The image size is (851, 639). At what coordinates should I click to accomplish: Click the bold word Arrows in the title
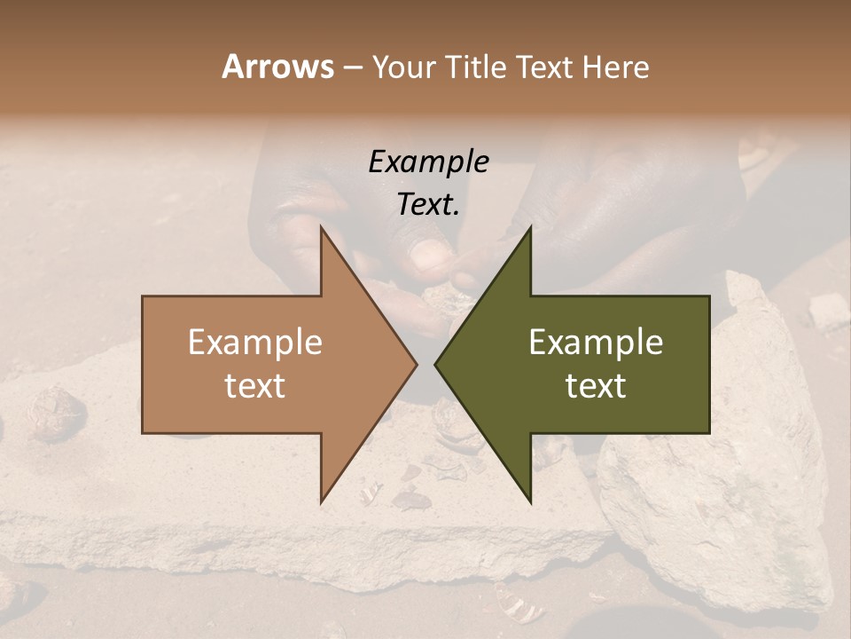pyautogui.click(x=277, y=67)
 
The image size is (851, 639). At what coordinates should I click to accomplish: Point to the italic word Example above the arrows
pyautogui.click(x=428, y=162)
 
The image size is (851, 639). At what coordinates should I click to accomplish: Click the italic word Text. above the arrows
pyautogui.click(x=428, y=205)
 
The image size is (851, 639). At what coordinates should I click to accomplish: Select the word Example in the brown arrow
pyautogui.click(x=255, y=343)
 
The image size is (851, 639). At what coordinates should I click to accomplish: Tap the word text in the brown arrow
pyautogui.click(x=255, y=386)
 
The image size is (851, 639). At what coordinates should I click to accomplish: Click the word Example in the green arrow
pyautogui.click(x=596, y=343)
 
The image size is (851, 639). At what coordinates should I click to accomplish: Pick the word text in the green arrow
pyautogui.click(x=596, y=386)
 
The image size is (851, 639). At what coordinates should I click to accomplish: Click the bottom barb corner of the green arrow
pyautogui.click(x=530, y=501)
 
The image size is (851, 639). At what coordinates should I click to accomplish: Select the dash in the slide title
pyautogui.click(x=352, y=67)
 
